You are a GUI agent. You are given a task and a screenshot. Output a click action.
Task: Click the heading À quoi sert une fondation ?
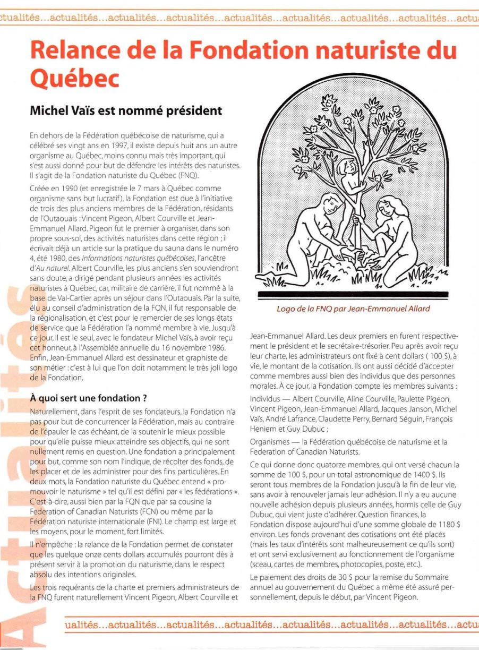coord(88,398)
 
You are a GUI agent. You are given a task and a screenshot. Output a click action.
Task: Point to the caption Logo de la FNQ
coord(353,309)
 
